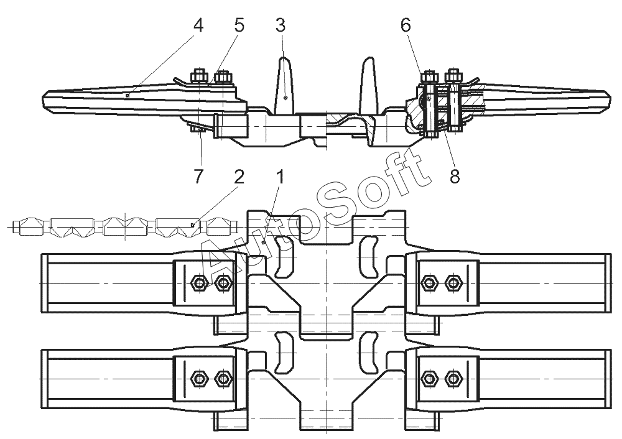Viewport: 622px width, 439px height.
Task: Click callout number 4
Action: point(198,25)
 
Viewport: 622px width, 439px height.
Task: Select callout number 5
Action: point(239,25)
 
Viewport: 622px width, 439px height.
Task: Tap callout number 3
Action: point(280,25)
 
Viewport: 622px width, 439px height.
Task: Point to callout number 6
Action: point(406,25)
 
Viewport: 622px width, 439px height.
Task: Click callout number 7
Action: point(198,176)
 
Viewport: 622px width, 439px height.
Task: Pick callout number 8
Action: point(455,176)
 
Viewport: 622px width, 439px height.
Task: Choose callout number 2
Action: point(239,177)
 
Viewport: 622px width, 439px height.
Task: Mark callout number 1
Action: point(280,177)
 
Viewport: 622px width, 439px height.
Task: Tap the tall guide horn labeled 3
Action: point(284,85)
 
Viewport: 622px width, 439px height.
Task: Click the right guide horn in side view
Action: point(368,85)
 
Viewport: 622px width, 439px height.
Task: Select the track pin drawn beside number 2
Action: point(125,227)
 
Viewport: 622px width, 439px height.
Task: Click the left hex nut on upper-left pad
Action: point(199,282)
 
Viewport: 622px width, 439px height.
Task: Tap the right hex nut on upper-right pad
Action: point(452,282)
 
